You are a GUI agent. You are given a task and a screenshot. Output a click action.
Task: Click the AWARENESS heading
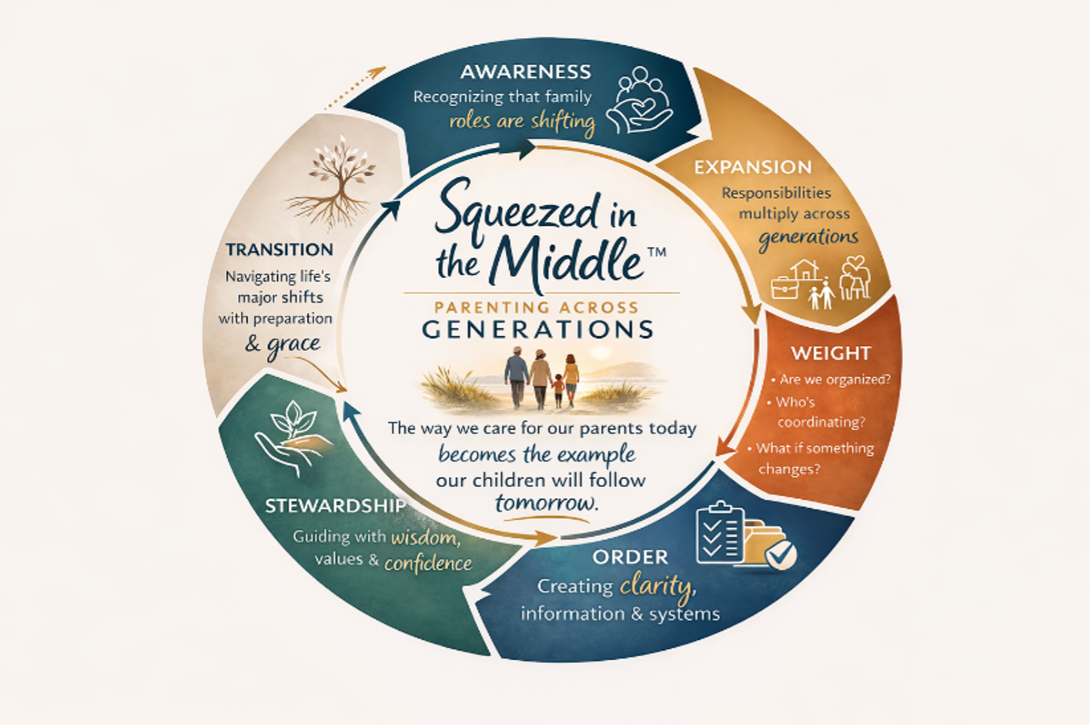(525, 72)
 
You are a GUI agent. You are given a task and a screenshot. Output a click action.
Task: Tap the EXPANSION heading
(752, 167)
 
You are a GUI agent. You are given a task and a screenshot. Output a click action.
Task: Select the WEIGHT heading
(831, 353)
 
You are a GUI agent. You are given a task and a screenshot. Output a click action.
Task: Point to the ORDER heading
(630, 557)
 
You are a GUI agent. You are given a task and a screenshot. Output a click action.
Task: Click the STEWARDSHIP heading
(335, 506)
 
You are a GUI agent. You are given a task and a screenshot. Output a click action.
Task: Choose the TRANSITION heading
(279, 250)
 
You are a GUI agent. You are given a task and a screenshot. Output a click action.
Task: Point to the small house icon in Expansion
(804, 271)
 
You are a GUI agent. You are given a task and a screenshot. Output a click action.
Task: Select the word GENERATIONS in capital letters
(537, 330)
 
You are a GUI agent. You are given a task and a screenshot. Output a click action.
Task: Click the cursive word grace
(293, 343)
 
